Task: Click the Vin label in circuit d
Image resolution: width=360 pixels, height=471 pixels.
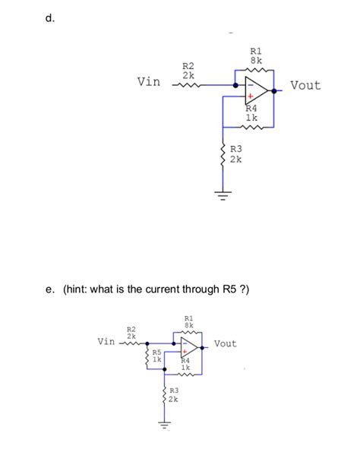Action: [x=148, y=82]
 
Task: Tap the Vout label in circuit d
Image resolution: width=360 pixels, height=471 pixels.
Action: [x=305, y=85]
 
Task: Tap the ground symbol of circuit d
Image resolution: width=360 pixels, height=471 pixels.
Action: [x=223, y=195]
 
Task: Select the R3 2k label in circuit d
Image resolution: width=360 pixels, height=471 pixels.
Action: [x=235, y=154]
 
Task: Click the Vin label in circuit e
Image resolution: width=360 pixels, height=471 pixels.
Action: [x=107, y=342]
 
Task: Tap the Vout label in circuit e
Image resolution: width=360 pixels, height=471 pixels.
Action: [x=225, y=343]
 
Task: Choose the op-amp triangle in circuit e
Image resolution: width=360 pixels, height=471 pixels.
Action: [x=189, y=348]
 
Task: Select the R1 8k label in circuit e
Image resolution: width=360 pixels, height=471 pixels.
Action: [x=189, y=321]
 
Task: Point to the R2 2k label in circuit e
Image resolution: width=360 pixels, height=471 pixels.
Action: [x=131, y=332]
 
